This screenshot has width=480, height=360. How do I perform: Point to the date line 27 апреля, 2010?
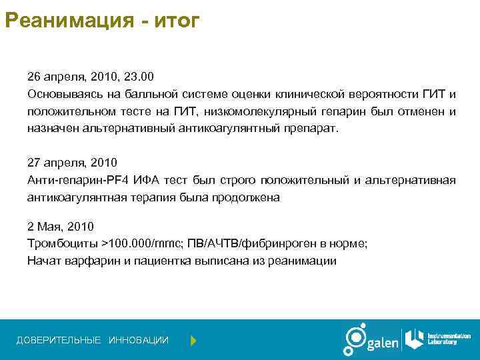pyautogui.click(x=72, y=162)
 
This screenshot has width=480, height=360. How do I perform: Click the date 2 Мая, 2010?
pyautogui.click(x=61, y=226)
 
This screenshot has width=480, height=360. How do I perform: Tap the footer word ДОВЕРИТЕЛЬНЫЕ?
pyautogui.click(x=59, y=341)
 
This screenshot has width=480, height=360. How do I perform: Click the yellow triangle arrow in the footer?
pyautogui.click(x=193, y=341)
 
